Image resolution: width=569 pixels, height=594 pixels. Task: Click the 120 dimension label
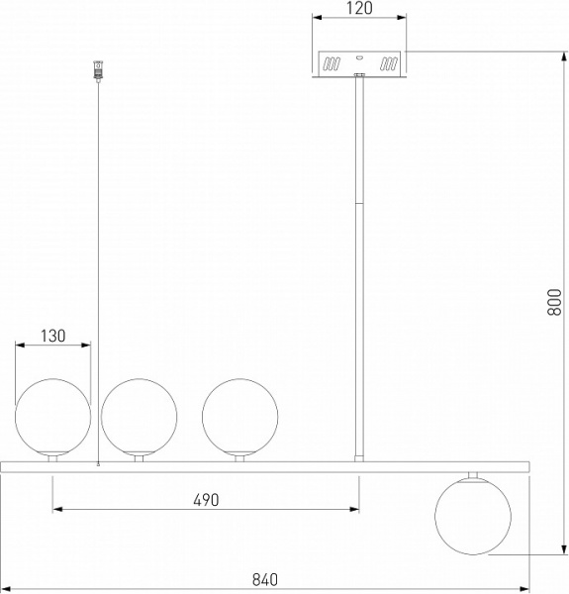click(359, 8)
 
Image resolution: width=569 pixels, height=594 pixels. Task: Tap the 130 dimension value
click(53, 336)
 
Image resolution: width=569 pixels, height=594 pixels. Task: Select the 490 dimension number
click(206, 500)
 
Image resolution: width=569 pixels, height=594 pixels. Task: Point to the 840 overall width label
click(265, 579)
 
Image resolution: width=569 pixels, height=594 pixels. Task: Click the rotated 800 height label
click(554, 302)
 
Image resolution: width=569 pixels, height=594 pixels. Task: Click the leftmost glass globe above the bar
click(53, 417)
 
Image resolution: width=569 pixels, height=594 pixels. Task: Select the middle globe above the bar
click(139, 417)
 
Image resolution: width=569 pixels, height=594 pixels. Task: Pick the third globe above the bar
click(240, 417)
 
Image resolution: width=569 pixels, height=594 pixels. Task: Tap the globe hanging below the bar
click(473, 517)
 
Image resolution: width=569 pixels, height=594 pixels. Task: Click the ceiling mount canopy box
click(359, 64)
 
